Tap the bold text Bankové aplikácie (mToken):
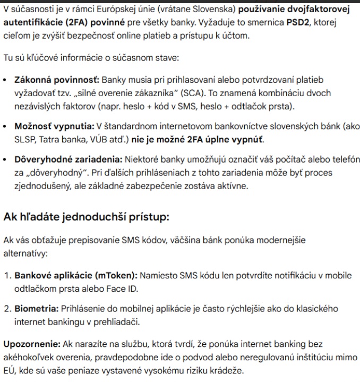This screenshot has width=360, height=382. tap(76, 275)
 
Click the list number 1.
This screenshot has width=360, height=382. tap(7, 275)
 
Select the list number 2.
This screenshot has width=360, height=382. tap(7, 308)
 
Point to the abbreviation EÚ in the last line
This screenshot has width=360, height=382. tap(10, 371)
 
